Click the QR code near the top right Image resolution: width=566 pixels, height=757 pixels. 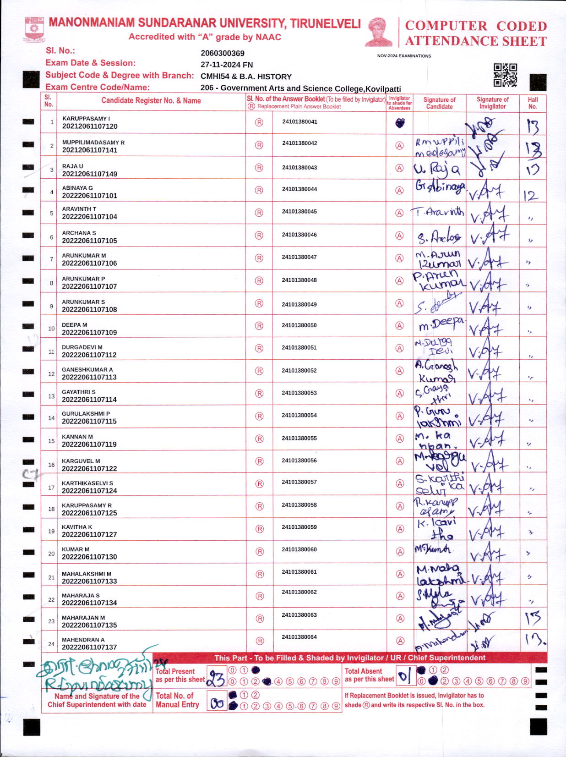505,75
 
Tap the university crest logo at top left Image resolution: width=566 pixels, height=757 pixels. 34,29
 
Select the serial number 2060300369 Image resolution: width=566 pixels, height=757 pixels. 223,53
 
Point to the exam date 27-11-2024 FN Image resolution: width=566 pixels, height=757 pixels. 227,65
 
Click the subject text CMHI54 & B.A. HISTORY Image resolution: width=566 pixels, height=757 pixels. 246,77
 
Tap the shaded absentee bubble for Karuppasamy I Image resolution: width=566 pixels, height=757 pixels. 400,123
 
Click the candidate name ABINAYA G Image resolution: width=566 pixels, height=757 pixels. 77,188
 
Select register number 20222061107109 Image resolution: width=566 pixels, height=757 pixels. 89,332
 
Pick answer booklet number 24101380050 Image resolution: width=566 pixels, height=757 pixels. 299,325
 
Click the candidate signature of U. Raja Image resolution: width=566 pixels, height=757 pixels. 437,170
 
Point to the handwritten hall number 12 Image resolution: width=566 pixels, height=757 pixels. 530,196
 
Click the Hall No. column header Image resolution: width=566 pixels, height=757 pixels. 533,103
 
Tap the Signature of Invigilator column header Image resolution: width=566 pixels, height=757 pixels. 492,103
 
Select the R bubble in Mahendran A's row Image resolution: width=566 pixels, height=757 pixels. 259,641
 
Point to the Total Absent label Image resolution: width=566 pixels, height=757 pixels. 363,671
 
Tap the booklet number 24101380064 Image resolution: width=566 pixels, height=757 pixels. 299,637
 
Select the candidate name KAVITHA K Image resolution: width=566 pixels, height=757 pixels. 77,527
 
